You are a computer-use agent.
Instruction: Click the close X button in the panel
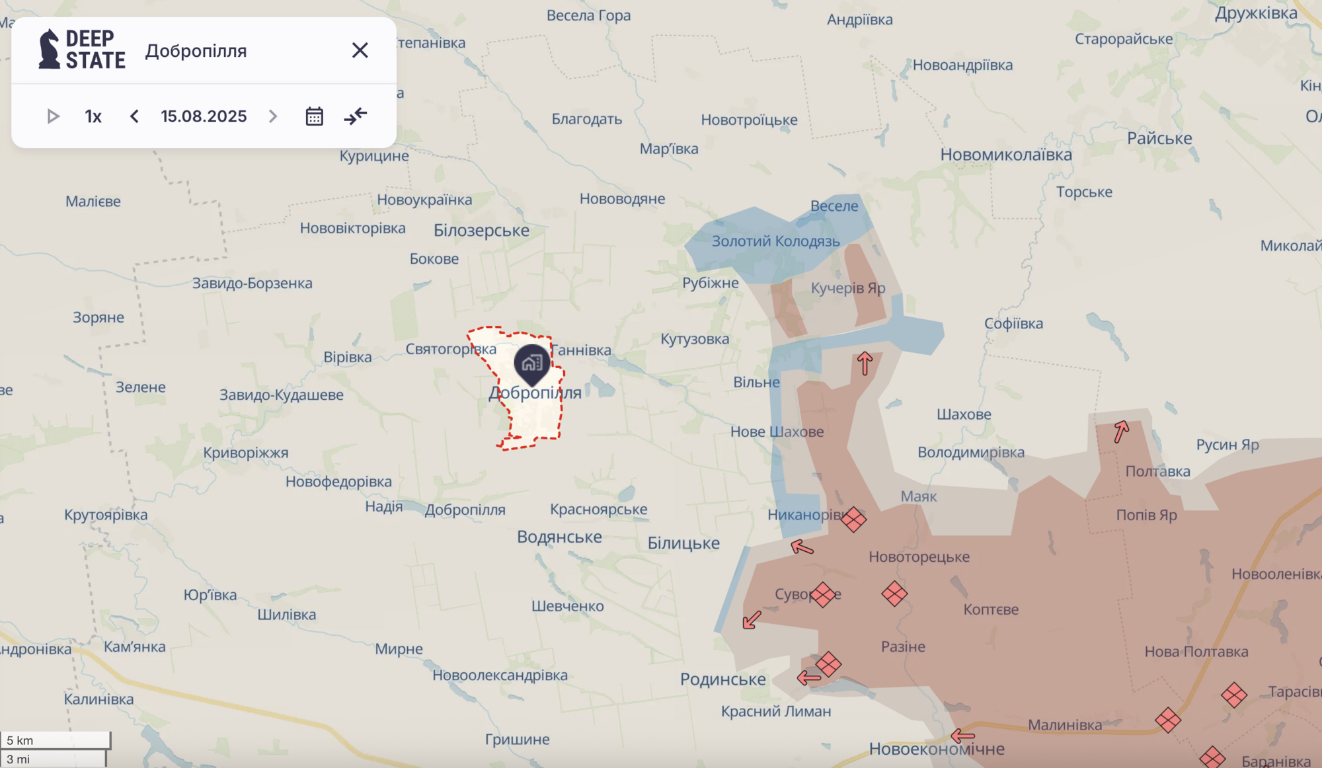tap(360, 50)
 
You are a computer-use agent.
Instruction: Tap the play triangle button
tap(53, 116)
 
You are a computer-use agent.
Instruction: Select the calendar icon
tap(314, 116)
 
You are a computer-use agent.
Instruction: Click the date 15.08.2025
tap(204, 116)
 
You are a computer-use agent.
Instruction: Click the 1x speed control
tap(93, 116)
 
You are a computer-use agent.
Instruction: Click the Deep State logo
tap(82, 50)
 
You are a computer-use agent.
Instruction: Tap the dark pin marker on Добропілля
tap(532, 363)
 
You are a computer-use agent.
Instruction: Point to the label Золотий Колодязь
tap(775, 241)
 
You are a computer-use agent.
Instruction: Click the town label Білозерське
tap(481, 231)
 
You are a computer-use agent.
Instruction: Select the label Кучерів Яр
tap(847, 288)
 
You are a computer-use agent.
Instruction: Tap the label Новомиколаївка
tap(1006, 155)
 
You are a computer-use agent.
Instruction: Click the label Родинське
tap(722, 679)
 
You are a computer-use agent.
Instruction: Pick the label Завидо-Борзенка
tap(252, 284)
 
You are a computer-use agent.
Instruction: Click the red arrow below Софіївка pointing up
tap(865, 363)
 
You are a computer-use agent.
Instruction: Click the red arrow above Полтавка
tap(1121, 431)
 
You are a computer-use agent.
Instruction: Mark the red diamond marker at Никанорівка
tap(853, 519)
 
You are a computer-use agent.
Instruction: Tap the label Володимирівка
tap(970, 453)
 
